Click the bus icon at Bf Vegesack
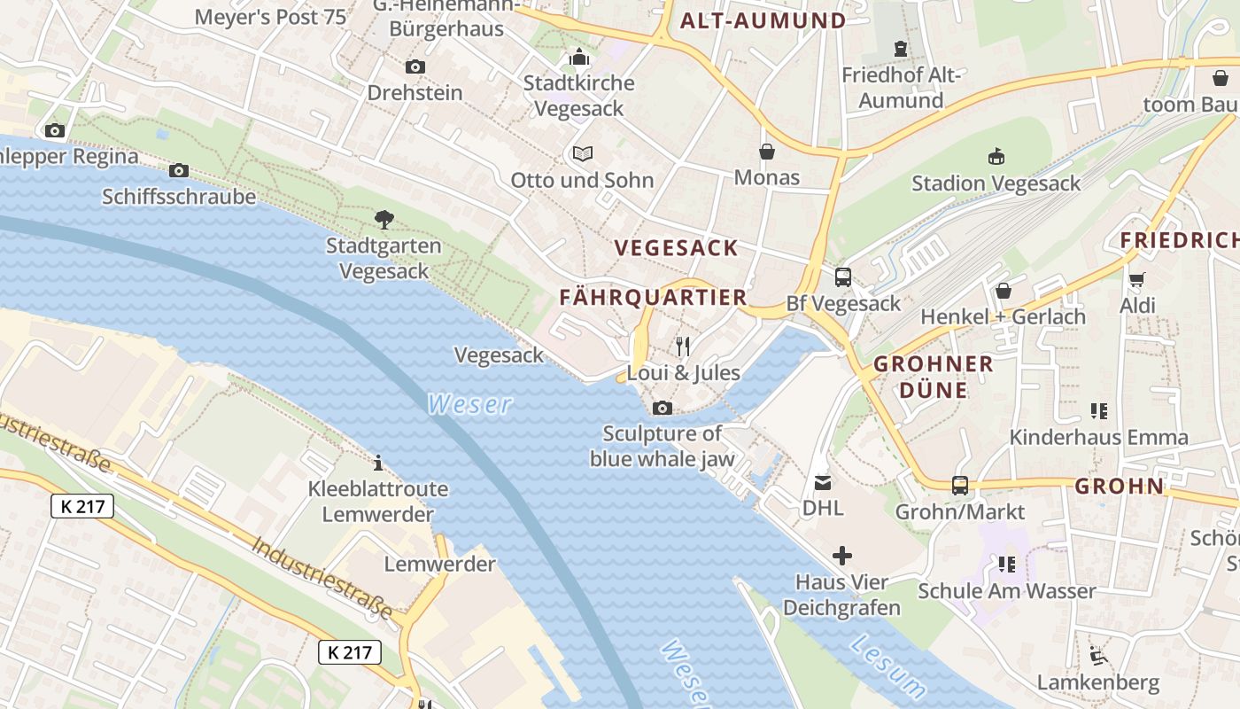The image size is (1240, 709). (x=842, y=277)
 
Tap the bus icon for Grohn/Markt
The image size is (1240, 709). (x=959, y=485)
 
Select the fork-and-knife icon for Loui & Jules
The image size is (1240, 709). (x=682, y=346)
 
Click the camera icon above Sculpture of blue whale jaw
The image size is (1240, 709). (x=662, y=408)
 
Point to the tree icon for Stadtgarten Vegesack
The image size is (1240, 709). (x=384, y=219)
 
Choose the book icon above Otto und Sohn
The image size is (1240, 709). (x=582, y=154)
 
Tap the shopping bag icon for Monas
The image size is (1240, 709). (x=767, y=152)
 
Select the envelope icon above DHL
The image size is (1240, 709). (x=823, y=482)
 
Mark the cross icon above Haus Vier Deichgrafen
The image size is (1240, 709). (x=841, y=556)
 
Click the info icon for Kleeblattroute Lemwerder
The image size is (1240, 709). (x=378, y=463)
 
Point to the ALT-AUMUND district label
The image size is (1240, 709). (x=763, y=21)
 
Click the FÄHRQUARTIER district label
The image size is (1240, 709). (x=654, y=298)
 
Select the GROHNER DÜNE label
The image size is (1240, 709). (x=934, y=377)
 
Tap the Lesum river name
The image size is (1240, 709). (x=888, y=666)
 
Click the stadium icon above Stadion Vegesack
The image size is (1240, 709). (x=996, y=157)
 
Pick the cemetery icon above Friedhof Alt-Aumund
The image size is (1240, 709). (x=901, y=49)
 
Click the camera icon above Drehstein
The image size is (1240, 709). (x=415, y=66)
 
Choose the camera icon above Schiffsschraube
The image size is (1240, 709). (x=179, y=170)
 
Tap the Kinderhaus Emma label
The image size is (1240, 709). (x=1098, y=437)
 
